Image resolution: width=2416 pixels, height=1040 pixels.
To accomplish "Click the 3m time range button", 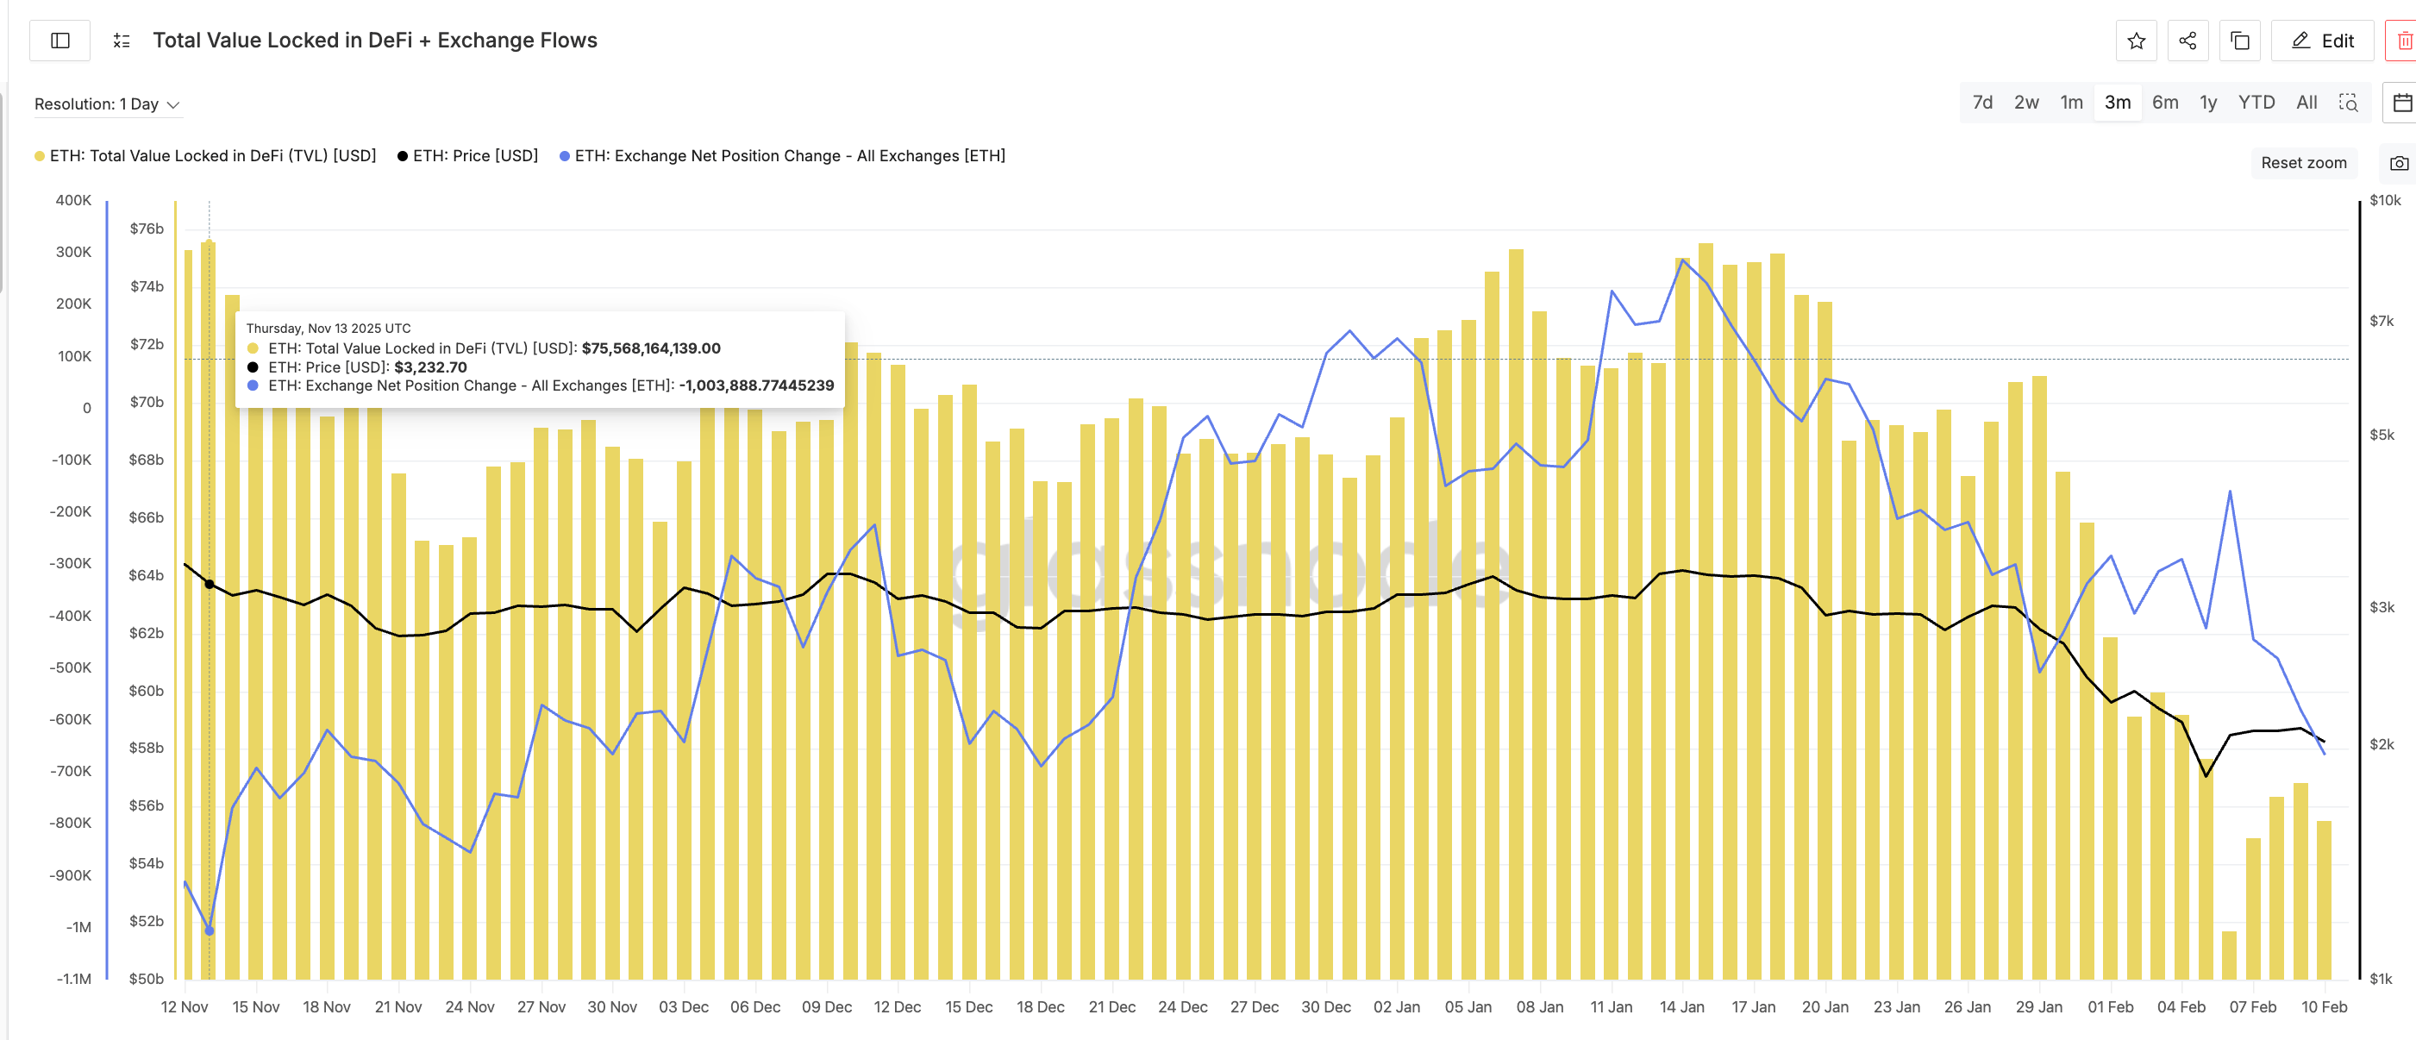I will pyautogui.click(x=2117, y=103).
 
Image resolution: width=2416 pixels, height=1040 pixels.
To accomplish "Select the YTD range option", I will pyautogui.click(x=2256, y=103).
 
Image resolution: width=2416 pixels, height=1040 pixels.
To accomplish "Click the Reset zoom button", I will pyautogui.click(x=2302, y=162).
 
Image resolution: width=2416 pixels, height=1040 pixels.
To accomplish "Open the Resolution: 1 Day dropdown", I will pyautogui.click(x=106, y=104).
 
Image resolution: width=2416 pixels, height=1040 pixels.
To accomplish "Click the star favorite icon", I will pyautogui.click(x=2136, y=41).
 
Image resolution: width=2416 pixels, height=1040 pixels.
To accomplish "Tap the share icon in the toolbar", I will pyautogui.click(x=2188, y=41).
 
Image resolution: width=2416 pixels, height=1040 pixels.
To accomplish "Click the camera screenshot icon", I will pyautogui.click(x=2398, y=163).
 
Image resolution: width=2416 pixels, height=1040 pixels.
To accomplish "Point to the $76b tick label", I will pyautogui.click(x=147, y=228).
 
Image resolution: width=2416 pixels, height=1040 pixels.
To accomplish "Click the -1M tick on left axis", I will pyautogui.click(x=78, y=926).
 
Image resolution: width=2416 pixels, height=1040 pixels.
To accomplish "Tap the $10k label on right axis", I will pyautogui.click(x=2384, y=200).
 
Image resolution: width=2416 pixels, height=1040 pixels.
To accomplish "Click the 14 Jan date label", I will pyautogui.click(x=1681, y=1006).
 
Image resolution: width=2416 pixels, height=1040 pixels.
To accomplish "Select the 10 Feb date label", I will pyautogui.click(x=2323, y=1006).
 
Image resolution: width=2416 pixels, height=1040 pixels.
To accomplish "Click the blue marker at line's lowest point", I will pyautogui.click(x=210, y=930).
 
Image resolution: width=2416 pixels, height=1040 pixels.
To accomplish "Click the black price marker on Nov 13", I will pyautogui.click(x=210, y=584).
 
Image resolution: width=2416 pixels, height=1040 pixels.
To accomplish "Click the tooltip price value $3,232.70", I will pyautogui.click(x=429, y=367).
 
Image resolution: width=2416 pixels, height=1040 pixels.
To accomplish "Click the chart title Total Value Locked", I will pyautogui.click(x=374, y=41).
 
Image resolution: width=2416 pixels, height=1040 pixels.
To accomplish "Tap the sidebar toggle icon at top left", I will pyautogui.click(x=60, y=41).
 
